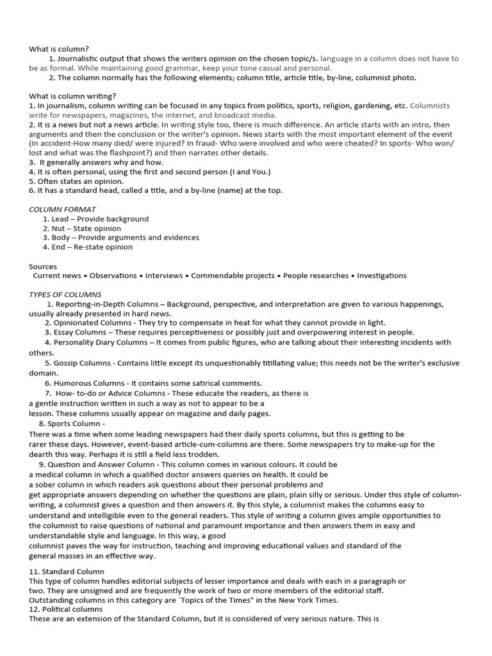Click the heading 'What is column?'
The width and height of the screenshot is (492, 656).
[59, 49]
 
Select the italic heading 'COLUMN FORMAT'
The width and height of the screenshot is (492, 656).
[62, 209]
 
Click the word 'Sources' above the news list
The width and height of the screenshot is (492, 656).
[43, 266]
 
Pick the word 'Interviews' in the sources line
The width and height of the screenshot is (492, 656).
[165, 275]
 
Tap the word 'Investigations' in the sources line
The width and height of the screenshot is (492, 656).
[382, 275]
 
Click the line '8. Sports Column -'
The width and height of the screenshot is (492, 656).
[72, 423]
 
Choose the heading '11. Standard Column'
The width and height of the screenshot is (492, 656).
[67, 571]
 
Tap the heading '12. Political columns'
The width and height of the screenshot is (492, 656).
[66, 609]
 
